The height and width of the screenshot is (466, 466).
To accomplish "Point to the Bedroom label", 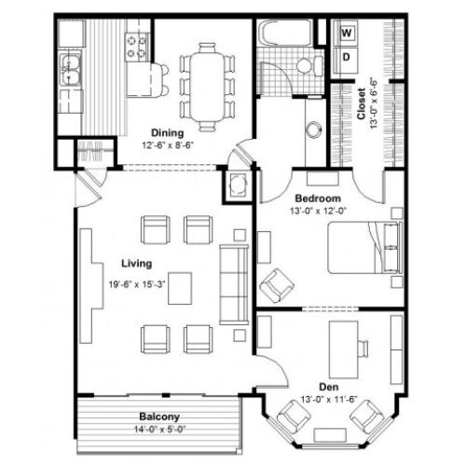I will [318, 199].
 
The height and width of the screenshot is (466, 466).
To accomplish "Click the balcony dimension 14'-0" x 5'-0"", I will [159, 430].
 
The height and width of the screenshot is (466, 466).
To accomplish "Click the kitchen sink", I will [70, 65].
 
